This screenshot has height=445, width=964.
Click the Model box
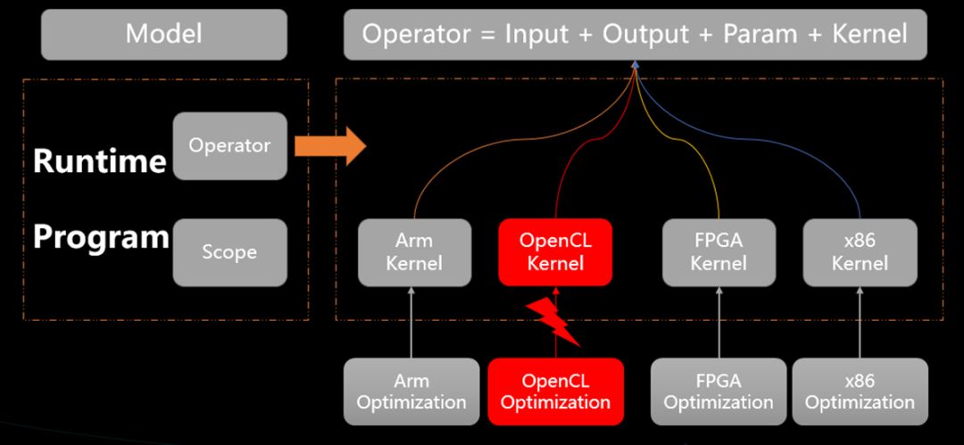(164, 35)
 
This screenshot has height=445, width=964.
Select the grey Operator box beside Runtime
(230, 145)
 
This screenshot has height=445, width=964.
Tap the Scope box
(230, 252)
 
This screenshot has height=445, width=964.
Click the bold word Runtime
(100, 161)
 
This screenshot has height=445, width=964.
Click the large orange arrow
(331, 146)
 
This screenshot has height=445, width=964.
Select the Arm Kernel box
(414, 252)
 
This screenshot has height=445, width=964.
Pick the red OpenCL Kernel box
(555, 252)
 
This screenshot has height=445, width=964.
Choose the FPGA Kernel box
(718, 252)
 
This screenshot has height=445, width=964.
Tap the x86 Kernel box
(860, 252)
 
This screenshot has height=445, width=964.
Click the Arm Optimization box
(411, 391)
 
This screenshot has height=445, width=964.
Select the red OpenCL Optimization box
(556, 391)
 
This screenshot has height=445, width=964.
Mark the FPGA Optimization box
(719, 391)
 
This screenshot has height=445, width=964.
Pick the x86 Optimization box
(860, 391)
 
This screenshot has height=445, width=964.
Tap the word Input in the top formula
(536, 35)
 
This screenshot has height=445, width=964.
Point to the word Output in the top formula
(645, 34)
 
